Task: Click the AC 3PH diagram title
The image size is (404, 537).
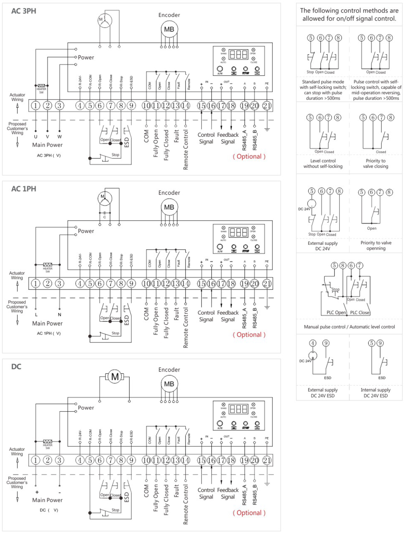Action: click(23, 11)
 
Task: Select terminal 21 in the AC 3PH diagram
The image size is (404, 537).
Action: click(267, 106)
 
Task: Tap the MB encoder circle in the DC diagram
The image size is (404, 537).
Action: click(169, 384)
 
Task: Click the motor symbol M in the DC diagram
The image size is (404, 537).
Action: click(115, 377)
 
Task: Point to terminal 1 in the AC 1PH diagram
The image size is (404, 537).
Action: click(36, 284)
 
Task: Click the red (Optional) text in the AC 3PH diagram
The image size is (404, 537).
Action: click(249, 157)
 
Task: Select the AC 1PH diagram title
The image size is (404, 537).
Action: click(23, 189)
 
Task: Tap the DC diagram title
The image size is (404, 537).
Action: click(16, 367)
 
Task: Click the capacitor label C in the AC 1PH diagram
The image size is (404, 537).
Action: click(105, 217)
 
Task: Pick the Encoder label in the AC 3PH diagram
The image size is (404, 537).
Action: click(169, 15)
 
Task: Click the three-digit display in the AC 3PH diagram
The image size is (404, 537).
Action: click(238, 54)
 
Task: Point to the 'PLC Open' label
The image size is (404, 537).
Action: click(336, 312)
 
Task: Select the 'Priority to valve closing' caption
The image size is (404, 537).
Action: click(376, 163)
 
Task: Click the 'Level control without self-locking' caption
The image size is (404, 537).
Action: click(323, 163)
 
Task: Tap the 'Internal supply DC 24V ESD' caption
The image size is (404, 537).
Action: click(376, 393)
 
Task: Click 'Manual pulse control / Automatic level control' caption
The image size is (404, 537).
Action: click(349, 327)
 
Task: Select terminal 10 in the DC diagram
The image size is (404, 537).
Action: click(146, 460)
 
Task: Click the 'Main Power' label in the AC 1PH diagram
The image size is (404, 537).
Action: click(47, 323)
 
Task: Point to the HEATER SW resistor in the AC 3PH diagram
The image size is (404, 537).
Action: click(42, 86)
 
